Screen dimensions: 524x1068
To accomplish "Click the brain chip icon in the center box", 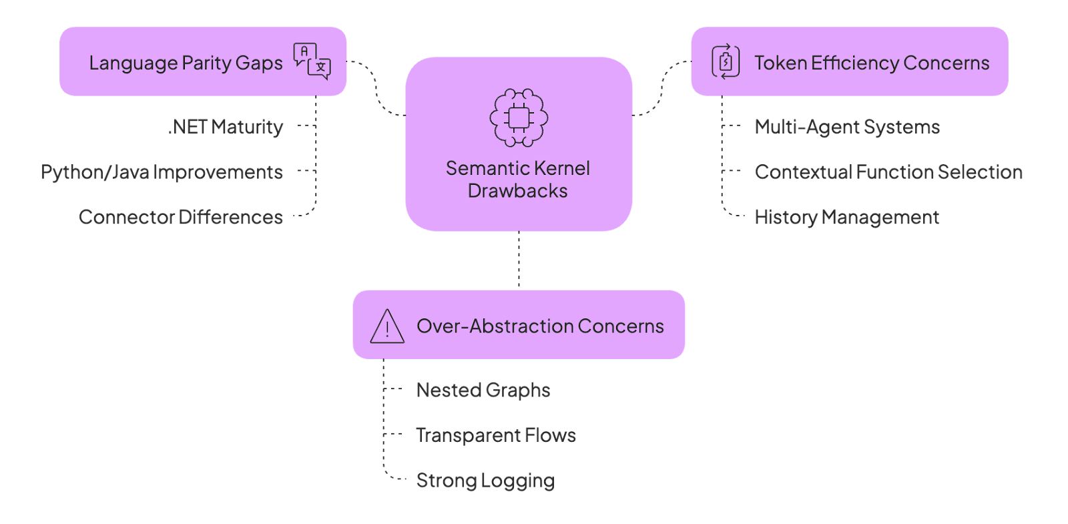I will click(x=519, y=117).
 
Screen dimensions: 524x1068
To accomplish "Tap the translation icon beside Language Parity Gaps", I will click(x=312, y=61).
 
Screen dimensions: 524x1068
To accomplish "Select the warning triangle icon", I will click(x=387, y=326).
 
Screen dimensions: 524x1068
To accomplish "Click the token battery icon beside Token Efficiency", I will click(x=726, y=61).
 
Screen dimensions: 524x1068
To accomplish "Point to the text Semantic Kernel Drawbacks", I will click(x=518, y=179).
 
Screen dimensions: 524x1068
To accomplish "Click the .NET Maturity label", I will click(x=226, y=127).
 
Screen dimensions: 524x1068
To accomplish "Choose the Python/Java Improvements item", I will click(x=162, y=172).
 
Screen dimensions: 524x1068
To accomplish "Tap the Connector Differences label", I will click(x=181, y=217).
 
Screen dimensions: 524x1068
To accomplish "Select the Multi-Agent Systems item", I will click(x=847, y=127).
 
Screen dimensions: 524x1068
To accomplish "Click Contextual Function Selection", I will click(x=888, y=172).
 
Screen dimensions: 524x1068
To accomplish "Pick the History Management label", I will click(x=846, y=217).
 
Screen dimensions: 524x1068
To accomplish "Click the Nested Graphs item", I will click(x=483, y=390).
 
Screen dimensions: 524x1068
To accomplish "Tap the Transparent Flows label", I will click(x=496, y=435).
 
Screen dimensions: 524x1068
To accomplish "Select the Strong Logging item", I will click(x=485, y=481).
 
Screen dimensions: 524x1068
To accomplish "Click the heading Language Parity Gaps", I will click(x=186, y=63).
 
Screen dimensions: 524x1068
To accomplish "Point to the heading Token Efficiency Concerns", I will click(x=872, y=63).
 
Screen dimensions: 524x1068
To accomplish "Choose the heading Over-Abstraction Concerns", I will click(x=540, y=326).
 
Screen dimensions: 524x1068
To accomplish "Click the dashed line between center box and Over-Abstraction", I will click(x=519, y=260).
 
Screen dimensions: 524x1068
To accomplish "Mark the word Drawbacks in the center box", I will click(x=518, y=191).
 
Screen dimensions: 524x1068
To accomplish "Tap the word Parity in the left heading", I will click(x=206, y=63).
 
